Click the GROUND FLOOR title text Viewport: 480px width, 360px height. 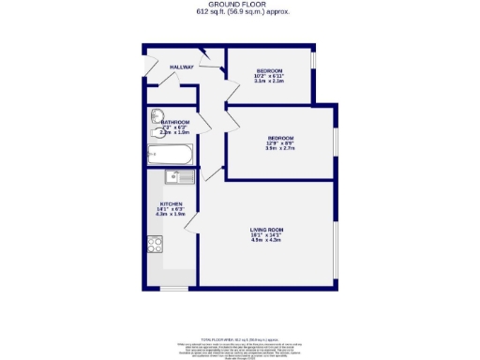coord(240,5)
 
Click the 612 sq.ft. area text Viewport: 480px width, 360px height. coord(240,12)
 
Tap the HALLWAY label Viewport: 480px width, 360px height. coord(182,67)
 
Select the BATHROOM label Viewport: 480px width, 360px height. coord(175,123)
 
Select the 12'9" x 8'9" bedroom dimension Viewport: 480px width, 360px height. coord(281,142)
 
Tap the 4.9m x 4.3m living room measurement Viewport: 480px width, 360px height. coord(266,240)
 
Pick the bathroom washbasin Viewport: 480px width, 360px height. coord(157,117)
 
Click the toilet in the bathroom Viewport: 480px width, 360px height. coord(156,133)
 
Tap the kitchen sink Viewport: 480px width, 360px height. coord(179,176)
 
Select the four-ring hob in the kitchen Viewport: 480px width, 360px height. coord(156,246)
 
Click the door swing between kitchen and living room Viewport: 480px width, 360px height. coord(213,173)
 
